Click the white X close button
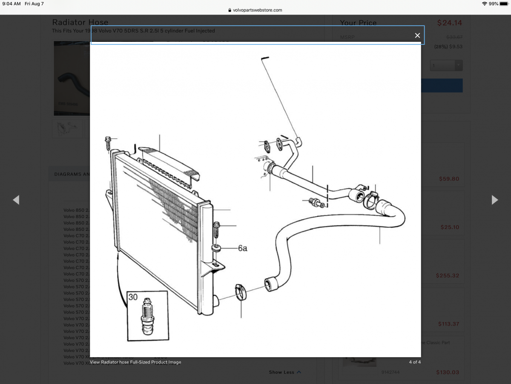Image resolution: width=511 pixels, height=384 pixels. [x=417, y=35]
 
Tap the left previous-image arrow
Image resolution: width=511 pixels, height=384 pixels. [x=16, y=200]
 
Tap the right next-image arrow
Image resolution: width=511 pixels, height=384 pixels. [x=494, y=200]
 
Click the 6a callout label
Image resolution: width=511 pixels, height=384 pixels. [x=242, y=248]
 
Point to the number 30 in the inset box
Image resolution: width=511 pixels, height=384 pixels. [x=133, y=297]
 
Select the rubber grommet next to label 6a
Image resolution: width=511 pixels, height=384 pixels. [x=217, y=248]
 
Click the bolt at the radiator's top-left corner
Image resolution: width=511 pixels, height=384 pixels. [x=108, y=143]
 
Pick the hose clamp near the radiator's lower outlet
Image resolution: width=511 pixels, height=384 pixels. [x=241, y=292]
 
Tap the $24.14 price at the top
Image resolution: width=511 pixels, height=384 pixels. [x=449, y=23]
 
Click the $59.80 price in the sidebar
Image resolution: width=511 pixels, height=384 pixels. [x=449, y=179]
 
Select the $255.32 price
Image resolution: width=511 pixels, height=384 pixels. [x=448, y=276]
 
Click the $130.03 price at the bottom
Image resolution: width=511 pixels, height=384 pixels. [x=448, y=372]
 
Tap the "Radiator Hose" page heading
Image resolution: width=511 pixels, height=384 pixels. [x=80, y=22]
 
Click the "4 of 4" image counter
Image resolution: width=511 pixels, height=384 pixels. [x=415, y=362]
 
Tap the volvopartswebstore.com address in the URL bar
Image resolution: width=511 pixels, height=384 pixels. [x=257, y=10]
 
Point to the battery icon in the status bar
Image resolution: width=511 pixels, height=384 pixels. [x=504, y=4]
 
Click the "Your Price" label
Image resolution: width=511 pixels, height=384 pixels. [x=358, y=23]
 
